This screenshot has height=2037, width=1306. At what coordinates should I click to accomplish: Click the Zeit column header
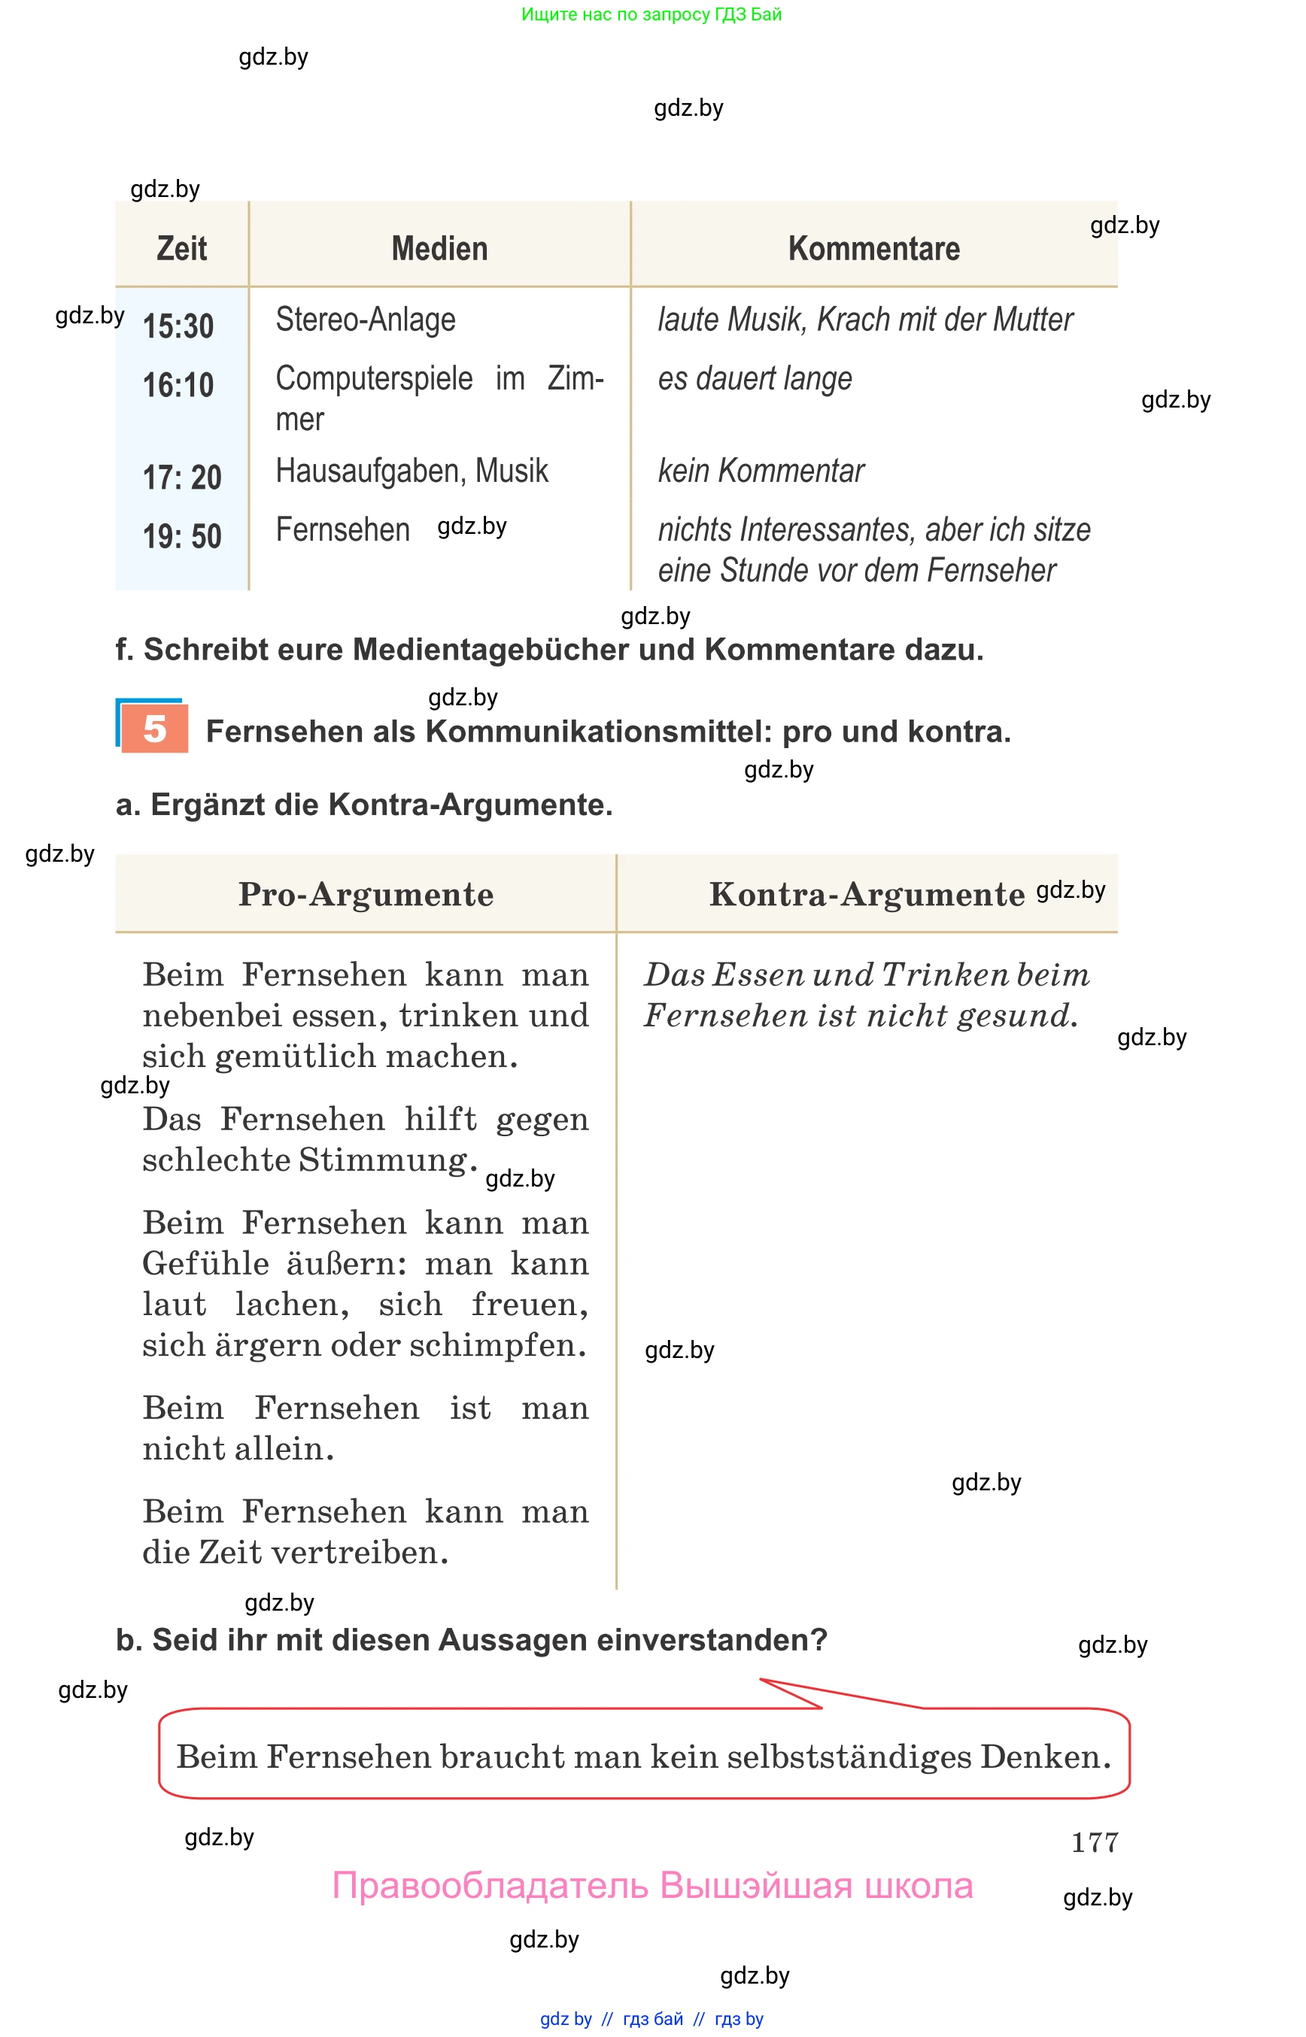(181, 248)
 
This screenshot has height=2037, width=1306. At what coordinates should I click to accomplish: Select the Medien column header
(439, 248)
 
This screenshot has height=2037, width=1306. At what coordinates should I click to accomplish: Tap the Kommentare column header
(873, 248)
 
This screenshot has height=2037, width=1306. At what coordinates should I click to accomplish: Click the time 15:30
(178, 326)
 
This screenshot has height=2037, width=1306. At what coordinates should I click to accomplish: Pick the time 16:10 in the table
(178, 385)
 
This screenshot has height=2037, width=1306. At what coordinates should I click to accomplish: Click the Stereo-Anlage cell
(366, 320)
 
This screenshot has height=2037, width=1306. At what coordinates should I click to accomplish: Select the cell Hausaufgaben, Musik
(412, 471)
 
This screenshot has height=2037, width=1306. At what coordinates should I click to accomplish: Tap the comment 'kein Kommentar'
(761, 471)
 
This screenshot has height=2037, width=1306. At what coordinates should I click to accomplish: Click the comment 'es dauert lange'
(755, 378)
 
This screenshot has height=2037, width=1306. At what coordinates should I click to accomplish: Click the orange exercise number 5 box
(154, 728)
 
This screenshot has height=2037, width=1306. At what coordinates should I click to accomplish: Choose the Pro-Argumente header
(366, 894)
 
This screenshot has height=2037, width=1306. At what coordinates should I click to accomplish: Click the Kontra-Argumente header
(867, 894)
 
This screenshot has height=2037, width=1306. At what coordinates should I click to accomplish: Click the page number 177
(1094, 1842)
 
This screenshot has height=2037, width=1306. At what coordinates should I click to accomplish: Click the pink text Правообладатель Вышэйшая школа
(652, 1885)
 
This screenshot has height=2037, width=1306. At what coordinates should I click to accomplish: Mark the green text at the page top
(651, 14)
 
